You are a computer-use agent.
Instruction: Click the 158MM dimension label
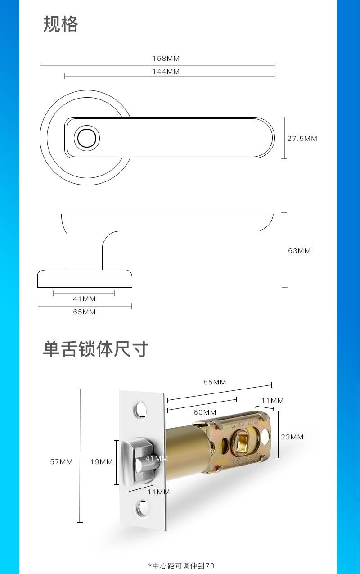click(x=166, y=59)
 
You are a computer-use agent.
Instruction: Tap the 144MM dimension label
click(x=166, y=72)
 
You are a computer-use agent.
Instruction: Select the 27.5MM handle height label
click(x=302, y=139)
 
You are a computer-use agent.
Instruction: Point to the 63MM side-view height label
click(x=299, y=251)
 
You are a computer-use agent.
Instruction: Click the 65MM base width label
click(x=84, y=312)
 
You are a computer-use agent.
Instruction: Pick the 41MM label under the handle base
click(x=84, y=299)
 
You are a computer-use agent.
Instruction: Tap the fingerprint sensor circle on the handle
click(x=86, y=138)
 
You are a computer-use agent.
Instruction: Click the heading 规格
click(x=61, y=24)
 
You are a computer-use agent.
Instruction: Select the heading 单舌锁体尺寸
click(x=95, y=349)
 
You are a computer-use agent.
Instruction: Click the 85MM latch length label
click(x=215, y=382)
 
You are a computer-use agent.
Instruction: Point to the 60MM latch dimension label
click(x=205, y=412)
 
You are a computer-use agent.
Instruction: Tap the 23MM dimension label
click(x=292, y=437)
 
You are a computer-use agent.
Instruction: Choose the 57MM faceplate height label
click(x=61, y=462)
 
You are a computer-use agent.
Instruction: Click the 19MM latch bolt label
click(x=101, y=462)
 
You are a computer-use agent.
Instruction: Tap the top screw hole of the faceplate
click(x=142, y=409)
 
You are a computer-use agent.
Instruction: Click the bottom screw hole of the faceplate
click(x=143, y=509)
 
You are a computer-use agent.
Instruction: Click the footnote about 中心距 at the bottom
click(x=181, y=565)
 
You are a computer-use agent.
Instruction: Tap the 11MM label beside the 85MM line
click(x=272, y=401)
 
